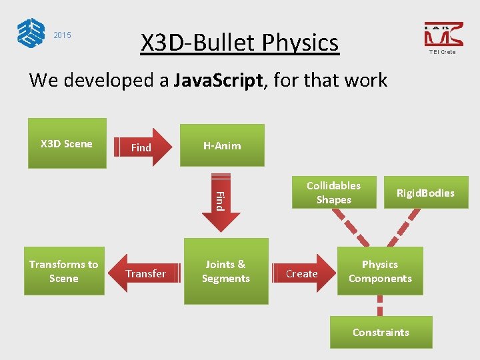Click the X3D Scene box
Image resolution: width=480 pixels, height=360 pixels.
point(67,143)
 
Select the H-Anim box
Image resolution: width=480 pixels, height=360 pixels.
point(222,145)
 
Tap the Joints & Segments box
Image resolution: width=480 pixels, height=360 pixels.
point(226,271)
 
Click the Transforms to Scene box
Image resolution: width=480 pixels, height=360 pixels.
point(64,271)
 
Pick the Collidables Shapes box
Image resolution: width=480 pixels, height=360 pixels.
point(333,193)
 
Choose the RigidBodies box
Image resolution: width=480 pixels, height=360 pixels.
point(425,193)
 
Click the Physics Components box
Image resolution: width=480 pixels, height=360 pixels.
point(380,271)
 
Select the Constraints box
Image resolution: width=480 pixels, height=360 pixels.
point(381,332)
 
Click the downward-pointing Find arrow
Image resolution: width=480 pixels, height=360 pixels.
point(219,199)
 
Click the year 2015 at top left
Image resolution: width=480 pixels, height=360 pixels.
point(62,35)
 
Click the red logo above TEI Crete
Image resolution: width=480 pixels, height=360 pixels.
point(443,35)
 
